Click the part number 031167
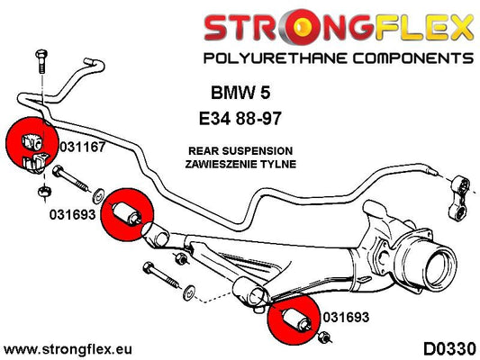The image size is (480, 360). pos(82,147)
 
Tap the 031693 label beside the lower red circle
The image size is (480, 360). pos(346,317)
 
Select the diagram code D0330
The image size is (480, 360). pos(449,349)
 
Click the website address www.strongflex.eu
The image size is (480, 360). pos(68,349)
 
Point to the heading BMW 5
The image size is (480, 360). pos(240,93)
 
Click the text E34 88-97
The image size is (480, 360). pos(240,119)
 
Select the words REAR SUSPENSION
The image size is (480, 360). pos(240,151)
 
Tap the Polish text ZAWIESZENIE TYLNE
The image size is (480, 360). pos(240,164)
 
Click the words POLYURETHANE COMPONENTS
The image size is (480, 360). pos(339,58)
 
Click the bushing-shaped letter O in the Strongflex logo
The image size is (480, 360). pos(301,26)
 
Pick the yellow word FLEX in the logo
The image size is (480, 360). pos(423,27)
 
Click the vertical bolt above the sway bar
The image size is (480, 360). pos(41,61)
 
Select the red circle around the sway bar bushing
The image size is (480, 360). pos(32,143)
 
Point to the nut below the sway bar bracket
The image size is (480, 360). pos(45,192)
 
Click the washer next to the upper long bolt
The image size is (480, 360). pos(98,196)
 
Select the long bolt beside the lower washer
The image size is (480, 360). pos(160,275)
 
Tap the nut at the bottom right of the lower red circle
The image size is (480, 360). pos(324,337)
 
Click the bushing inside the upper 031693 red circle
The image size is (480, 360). pos(127,213)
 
